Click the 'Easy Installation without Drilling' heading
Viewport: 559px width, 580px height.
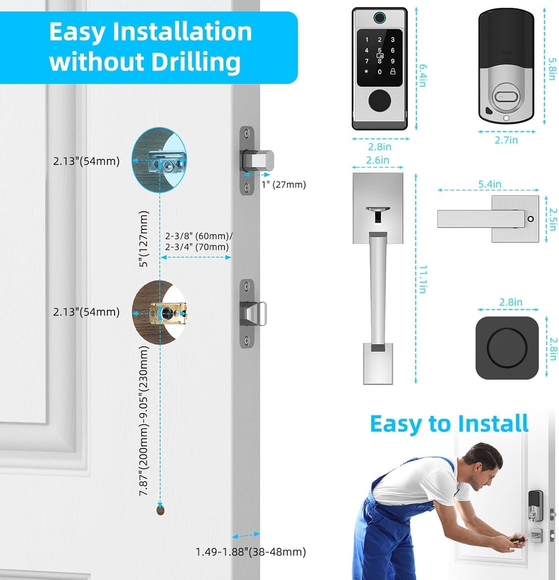(x=150, y=47)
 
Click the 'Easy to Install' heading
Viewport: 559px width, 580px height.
(x=448, y=424)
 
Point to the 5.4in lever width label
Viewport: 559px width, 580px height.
(x=489, y=184)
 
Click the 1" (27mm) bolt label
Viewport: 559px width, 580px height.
(x=283, y=185)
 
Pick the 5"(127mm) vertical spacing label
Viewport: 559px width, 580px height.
(x=144, y=238)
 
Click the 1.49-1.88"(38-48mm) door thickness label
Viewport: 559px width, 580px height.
(x=251, y=551)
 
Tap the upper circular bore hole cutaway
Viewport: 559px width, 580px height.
(x=159, y=160)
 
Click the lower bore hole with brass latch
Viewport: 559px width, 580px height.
(x=159, y=312)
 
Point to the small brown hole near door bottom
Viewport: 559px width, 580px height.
(x=160, y=510)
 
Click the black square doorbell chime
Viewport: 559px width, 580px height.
(x=506, y=348)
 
